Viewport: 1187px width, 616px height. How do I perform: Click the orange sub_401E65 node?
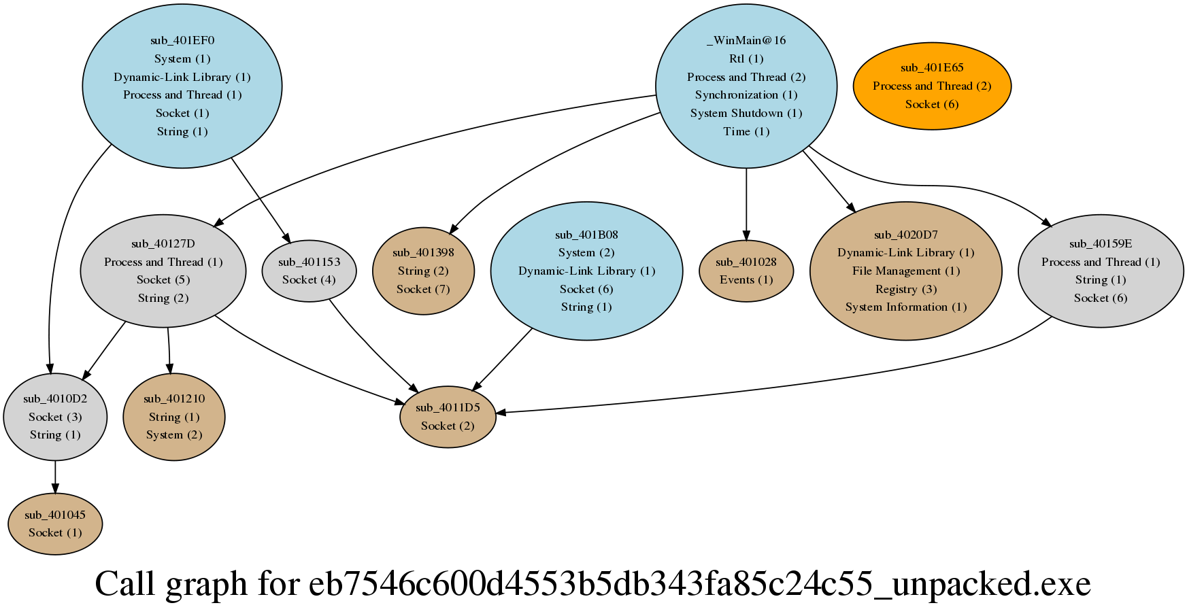coord(931,86)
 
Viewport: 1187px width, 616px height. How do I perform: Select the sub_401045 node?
coord(55,524)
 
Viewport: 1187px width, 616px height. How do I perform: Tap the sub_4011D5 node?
coord(448,417)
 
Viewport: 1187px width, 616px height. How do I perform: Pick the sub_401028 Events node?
coord(746,271)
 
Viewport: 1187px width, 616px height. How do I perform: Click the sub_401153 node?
coord(309,271)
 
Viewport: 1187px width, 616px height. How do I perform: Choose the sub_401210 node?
coord(174,417)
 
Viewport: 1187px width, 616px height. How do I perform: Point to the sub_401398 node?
coord(423,271)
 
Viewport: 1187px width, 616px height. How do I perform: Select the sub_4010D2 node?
coord(55,417)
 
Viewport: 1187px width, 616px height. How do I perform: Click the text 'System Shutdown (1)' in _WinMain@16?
coord(746,113)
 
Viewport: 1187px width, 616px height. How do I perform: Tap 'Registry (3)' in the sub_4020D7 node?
coord(905,289)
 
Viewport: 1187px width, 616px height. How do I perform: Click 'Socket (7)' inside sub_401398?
coord(423,289)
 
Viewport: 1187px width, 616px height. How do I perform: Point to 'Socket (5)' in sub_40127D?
coord(163,279)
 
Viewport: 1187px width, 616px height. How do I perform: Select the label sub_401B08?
coord(586,235)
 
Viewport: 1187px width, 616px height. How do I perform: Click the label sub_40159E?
coord(1100,243)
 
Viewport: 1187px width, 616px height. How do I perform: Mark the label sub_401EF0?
coord(182,40)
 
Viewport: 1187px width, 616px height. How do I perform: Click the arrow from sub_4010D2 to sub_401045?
coord(55,477)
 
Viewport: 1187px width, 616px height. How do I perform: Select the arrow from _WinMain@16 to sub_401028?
coord(746,204)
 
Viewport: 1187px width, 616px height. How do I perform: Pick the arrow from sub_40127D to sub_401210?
coord(169,350)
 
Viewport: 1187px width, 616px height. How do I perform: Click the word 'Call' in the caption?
coord(124,583)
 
